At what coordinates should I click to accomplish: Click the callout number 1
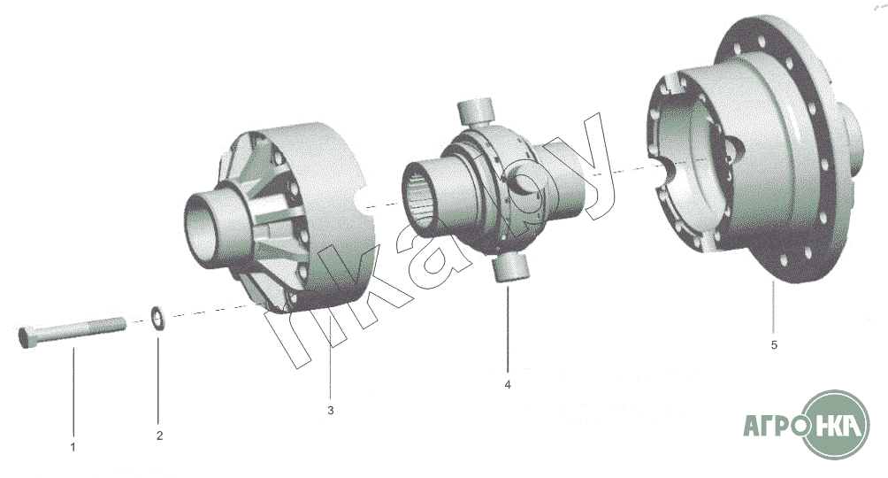pyautogui.click(x=73, y=447)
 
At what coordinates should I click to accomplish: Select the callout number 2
pyautogui.click(x=159, y=436)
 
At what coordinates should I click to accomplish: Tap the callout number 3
pyautogui.click(x=331, y=410)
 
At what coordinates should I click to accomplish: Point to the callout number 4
pyautogui.click(x=508, y=384)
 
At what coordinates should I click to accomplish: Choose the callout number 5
pyautogui.click(x=774, y=344)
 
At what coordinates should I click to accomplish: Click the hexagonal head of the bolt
pyautogui.click(x=27, y=337)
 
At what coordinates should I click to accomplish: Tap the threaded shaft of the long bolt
pyautogui.click(x=81, y=329)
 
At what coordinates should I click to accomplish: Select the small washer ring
pyautogui.click(x=158, y=318)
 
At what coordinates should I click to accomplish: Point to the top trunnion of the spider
pyautogui.click(x=475, y=112)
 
